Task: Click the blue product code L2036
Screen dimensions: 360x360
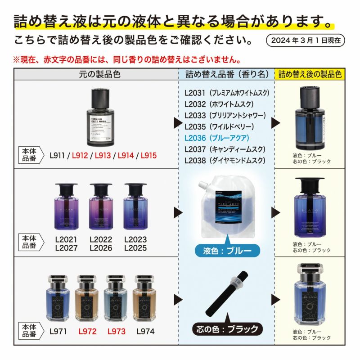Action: click(195, 138)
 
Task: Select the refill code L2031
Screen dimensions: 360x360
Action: click(195, 93)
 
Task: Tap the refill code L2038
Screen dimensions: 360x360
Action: click(195, 160)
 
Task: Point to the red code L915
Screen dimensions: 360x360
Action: click(148, 156)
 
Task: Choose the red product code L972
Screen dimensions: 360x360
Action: click(87, 331)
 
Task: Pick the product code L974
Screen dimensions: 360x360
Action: click(144, 331)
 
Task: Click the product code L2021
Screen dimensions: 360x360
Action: click(66, 240)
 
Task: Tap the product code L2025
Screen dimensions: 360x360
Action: click(135, 248)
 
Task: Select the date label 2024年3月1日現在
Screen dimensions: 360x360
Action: click(306, 40)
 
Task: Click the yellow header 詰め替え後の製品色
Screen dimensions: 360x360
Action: click(310, 73)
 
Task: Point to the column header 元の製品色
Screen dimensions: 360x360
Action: click(96, 73)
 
